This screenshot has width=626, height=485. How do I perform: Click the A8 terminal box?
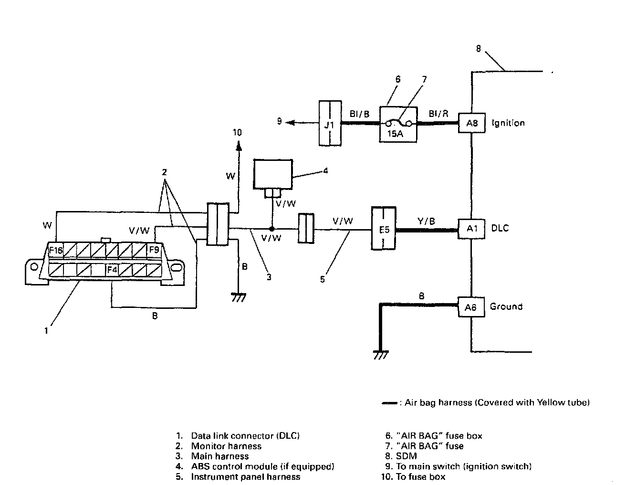471,123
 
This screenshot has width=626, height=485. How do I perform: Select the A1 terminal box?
471,229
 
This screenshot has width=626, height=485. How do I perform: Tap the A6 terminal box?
471,307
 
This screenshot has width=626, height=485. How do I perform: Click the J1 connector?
330,123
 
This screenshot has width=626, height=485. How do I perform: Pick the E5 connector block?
384,228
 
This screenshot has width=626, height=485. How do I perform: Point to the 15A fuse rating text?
395,134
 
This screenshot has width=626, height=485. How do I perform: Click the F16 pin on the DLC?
56,250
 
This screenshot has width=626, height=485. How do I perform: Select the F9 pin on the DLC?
154,249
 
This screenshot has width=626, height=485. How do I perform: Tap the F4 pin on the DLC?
112,270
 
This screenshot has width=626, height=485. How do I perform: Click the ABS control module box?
273,174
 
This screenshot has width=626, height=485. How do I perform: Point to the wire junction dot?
271,229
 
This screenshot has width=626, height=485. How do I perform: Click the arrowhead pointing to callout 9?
291,123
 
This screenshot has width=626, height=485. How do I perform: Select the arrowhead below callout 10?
239,146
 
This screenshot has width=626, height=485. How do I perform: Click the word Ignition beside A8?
508,123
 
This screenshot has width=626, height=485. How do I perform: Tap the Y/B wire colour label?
426,221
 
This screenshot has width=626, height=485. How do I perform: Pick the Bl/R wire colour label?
438,114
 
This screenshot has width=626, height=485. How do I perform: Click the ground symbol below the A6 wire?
381,355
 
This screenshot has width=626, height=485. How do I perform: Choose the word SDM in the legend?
407,456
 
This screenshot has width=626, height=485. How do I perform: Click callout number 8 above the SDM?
478,49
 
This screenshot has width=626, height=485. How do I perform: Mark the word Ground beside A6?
506,306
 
